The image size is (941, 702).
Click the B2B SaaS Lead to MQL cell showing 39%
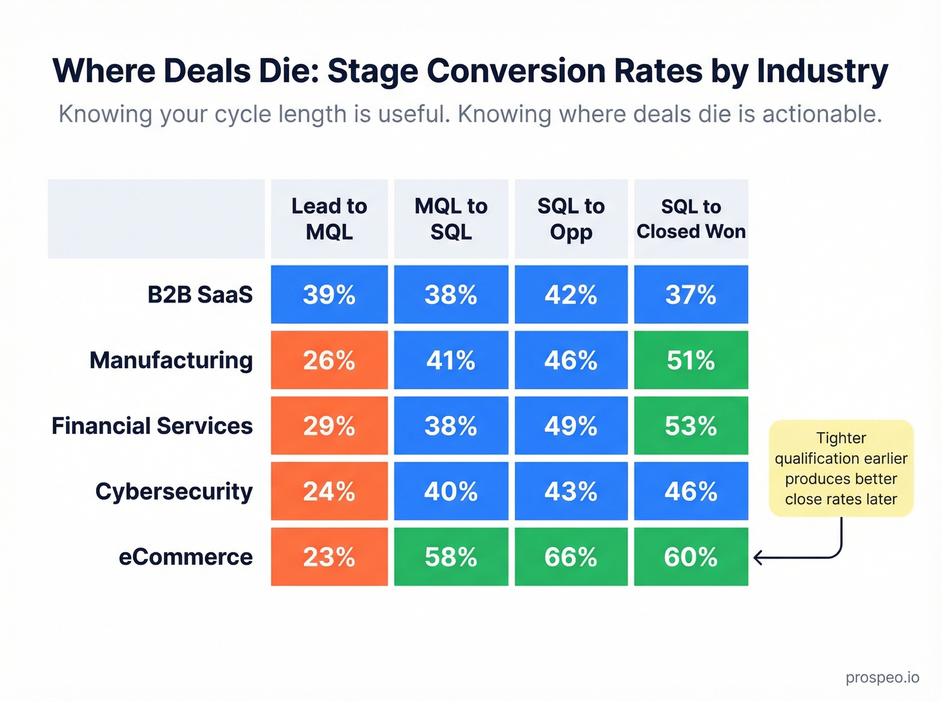[329, 294]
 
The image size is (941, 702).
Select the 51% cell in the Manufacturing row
[691, 360]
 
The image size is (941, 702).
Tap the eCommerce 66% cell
[571, 557]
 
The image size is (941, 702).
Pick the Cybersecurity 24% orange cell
[329, 491]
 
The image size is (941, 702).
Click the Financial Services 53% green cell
[691, 426]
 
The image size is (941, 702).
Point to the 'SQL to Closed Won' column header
[691, 219]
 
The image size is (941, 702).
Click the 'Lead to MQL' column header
[329, 219]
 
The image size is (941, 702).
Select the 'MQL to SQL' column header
[451, 219]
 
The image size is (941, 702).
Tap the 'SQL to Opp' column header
[571, 219]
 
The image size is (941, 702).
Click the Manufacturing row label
[171, 360]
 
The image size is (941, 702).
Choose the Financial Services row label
[153, 426]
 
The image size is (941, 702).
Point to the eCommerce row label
[186, 557]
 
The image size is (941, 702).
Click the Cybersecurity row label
[174, 491]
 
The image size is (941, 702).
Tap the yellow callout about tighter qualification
[841, 468]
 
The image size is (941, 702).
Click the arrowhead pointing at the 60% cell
[758, 558]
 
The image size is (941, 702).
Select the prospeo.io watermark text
[882, 677]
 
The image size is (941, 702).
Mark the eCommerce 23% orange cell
[329, 557]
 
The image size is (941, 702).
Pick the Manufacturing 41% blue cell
[451, 360]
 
